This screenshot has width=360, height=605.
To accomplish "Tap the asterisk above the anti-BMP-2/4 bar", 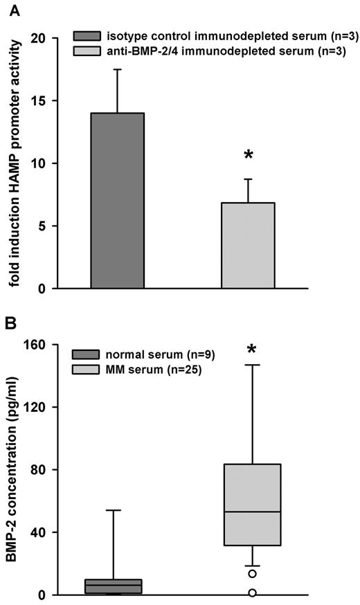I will click(x=248, y=156).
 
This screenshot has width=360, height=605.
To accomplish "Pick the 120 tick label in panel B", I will click(x=39, y=407).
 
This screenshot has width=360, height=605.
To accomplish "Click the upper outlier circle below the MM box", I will click(x=253, y=573).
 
